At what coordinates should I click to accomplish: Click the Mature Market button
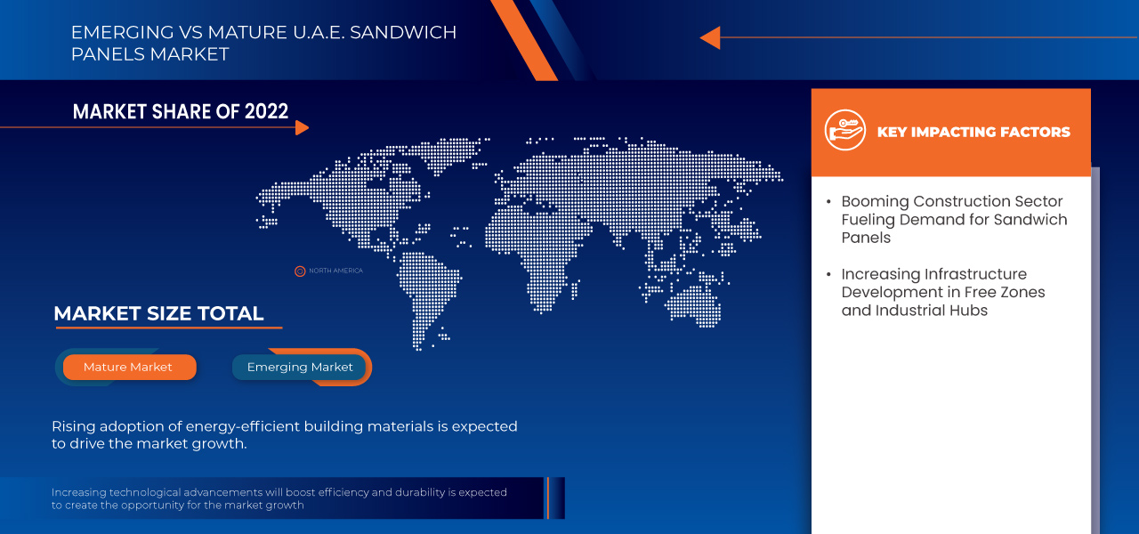[128, 367]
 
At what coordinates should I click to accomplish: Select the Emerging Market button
[300, 367]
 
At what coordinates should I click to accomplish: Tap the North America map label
[335, 271]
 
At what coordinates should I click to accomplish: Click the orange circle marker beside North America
[300, 271]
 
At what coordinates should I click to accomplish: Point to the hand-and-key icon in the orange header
[844, 131]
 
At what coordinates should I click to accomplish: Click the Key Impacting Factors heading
[973, 132]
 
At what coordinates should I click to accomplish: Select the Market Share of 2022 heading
[181, 111]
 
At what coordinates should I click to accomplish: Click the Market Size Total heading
[158, 313]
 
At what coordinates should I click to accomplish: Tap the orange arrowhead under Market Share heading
[302, 127]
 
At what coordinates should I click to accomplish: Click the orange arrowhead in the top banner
[710, 37]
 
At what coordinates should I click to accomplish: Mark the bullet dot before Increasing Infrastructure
[829, 274]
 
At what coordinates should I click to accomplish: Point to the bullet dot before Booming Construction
[829, 201]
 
